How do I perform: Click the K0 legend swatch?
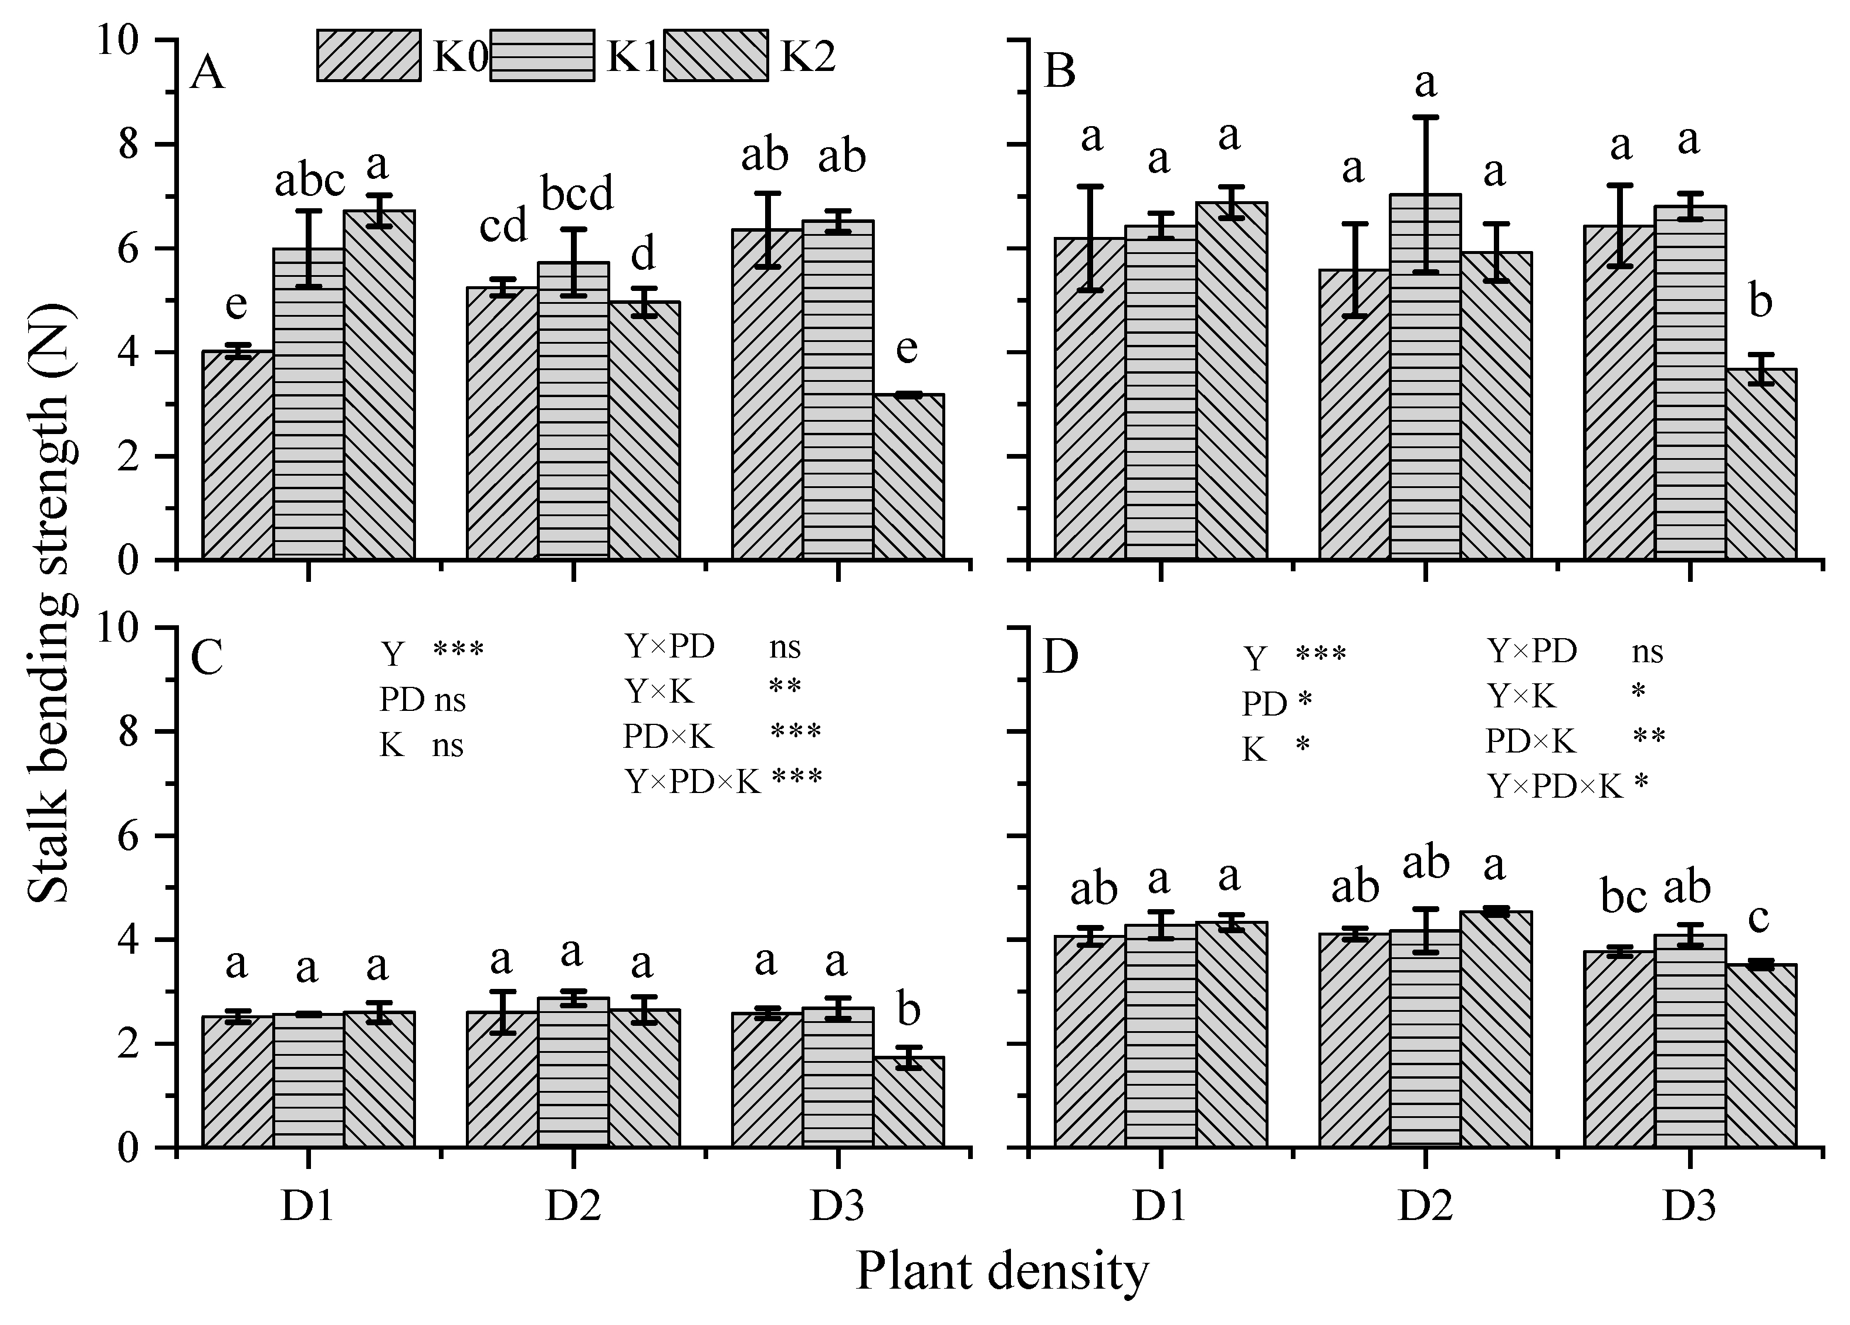368,56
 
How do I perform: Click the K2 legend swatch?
715,56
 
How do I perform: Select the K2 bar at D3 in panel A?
909,477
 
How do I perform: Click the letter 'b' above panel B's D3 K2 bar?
1760,303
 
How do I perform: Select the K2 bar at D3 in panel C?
909,1102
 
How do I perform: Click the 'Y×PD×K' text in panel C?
692,781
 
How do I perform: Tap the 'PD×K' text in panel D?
1530,740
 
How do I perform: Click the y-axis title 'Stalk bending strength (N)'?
50,604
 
